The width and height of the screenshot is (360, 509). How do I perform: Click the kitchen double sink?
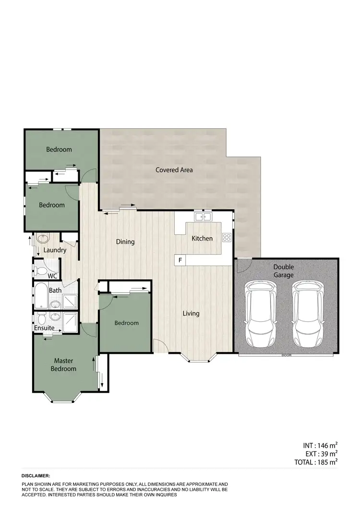[204, 217]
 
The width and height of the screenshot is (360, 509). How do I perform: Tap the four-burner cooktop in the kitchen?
[227, 237]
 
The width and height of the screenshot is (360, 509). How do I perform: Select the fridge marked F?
[180, 260]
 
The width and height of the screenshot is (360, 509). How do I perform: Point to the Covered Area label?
[174, 170]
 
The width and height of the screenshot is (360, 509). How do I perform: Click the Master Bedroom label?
[65, 365]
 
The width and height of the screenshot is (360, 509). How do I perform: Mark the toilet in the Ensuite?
[41, 319]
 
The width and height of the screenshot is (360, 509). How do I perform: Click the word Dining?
[125, 242]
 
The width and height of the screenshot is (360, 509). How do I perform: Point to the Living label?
[191, 314]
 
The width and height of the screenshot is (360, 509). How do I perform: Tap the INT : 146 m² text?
[317, 445]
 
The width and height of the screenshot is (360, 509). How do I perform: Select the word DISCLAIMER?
[36, 475]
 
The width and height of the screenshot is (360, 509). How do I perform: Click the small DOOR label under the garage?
[287, 356]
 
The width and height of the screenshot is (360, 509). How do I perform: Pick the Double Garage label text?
[284, 271]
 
